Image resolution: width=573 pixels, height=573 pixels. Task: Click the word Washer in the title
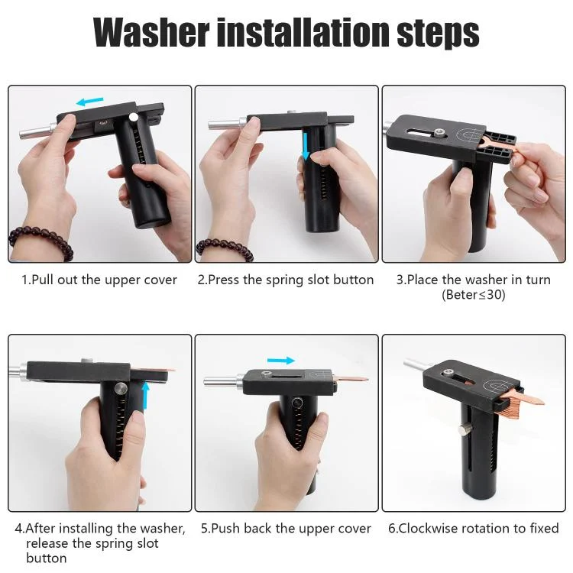(151, 33)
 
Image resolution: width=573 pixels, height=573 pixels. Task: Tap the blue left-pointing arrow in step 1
(90, 101)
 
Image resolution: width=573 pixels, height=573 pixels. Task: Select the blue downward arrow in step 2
(306, 147)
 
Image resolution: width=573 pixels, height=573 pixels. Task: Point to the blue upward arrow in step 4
(145, 396)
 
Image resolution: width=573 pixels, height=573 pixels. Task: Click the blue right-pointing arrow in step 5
(281, 361)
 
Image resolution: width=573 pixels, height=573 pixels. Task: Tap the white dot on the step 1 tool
(134, 117)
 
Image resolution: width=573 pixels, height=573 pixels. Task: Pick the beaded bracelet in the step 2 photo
(225, 248)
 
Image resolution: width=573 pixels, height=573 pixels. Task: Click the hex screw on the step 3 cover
(439, 134)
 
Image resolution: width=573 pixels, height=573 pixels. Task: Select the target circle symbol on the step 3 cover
(471, 134)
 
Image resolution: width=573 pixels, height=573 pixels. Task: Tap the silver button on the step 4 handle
(120, 388)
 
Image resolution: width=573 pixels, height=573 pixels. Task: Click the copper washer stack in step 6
(513, 402)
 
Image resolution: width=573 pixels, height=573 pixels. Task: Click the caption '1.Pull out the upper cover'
(99, 280)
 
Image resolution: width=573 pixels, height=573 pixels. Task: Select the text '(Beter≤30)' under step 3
(473, 295)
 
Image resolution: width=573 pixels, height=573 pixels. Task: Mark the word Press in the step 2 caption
(224, 280)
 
